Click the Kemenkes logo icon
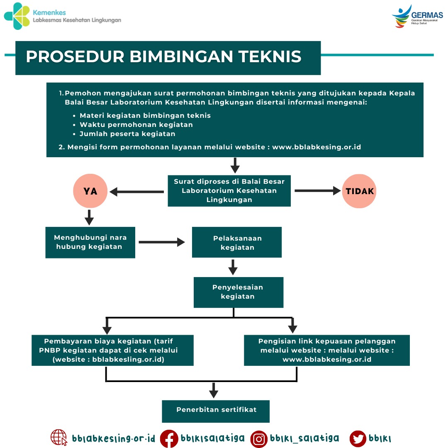(x=17, y=16)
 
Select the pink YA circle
(x=90, y=191)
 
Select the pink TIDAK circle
(x=359, y=191)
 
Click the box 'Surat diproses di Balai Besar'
(x=229, y=190)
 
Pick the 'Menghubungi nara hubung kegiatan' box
(x=90, y=242)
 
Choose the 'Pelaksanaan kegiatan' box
(x=237, y=242)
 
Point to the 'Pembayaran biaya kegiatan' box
(x=112, y=350)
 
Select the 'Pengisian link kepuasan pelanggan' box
(x=326, y=350)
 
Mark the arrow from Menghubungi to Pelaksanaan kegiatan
(x=162, y=242)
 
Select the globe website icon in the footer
(x=59, y=438)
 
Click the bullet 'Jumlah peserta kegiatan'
(x=127, y=134)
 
